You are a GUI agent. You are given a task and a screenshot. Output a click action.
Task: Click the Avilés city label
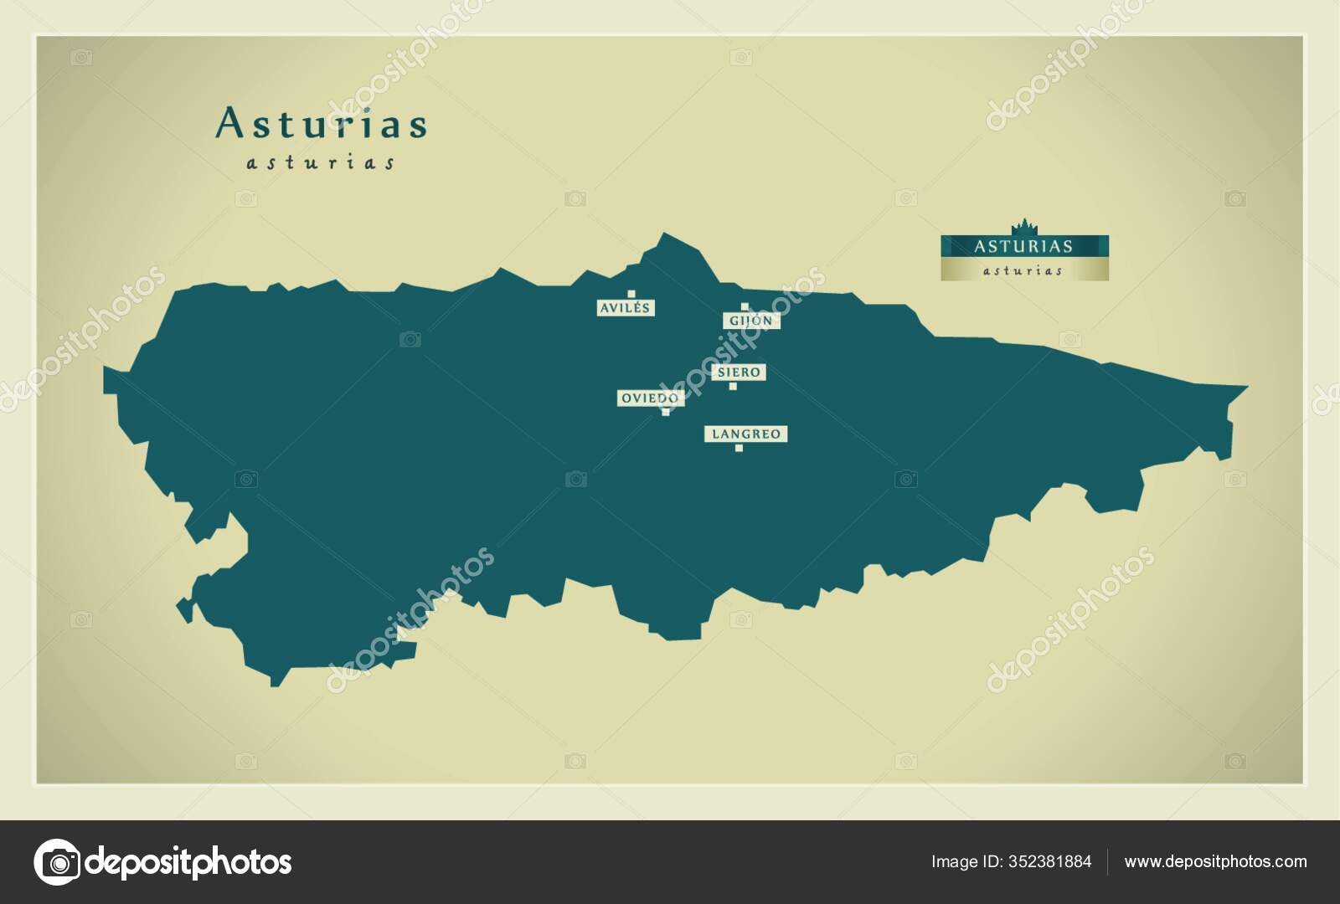click(625, 308)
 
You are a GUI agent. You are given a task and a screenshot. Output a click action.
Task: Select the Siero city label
click(739, 372)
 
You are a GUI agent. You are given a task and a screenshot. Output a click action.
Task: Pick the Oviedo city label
click(650, 398)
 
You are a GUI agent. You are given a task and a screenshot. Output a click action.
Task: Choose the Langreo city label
click(745, 434)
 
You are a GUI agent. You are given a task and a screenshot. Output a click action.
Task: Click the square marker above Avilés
click(631, 294)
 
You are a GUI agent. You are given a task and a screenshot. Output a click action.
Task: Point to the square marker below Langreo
click(739, 448)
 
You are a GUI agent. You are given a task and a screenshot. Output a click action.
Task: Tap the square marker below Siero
click(733, 386)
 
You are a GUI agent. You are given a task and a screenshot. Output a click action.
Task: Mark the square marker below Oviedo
click(666, 412)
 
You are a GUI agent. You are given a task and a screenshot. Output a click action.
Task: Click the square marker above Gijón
click(745, 306)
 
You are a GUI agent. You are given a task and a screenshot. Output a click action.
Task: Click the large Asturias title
click(322, 124)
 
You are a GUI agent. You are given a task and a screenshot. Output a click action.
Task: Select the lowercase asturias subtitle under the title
click(321, 162)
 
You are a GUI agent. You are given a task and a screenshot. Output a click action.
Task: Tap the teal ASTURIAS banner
click(1023, 246)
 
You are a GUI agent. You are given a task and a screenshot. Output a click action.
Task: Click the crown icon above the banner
click(1023, 227)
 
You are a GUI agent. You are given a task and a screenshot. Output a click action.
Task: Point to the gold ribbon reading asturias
click(1023, 270)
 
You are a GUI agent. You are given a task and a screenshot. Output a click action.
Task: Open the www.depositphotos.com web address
click(1215, 862)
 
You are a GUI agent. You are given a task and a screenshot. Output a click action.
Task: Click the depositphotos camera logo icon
click(57, 862)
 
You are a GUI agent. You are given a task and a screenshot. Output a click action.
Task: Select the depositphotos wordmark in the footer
click(189, 862)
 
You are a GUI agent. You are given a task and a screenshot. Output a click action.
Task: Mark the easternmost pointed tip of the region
click(1246, 388)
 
